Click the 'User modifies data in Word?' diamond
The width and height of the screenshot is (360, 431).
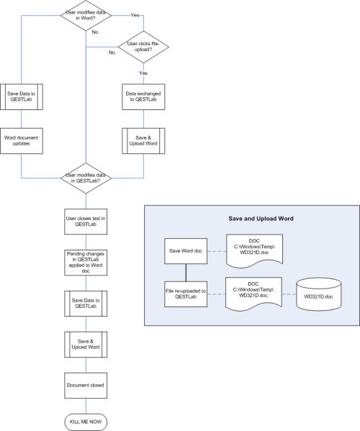pos(86,17)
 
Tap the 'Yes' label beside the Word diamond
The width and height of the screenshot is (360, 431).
pos(134,14)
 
